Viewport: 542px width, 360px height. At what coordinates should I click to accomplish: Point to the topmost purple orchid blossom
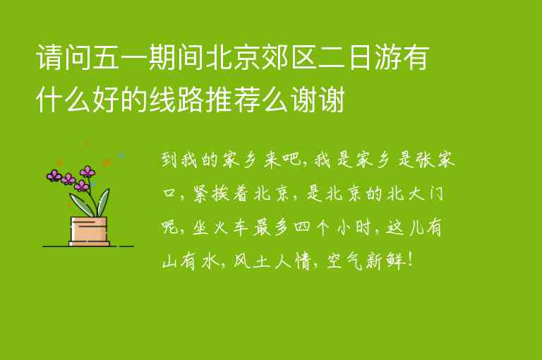coord(88,171)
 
